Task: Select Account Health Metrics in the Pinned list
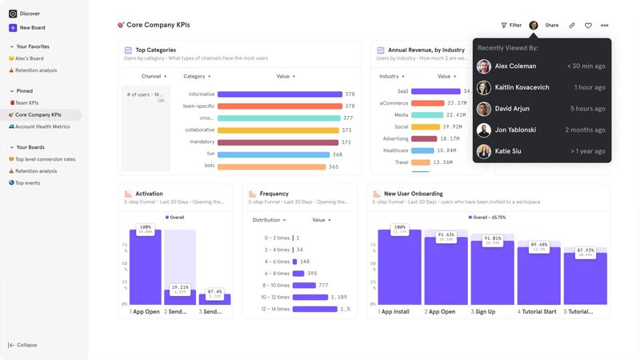coord(42,126)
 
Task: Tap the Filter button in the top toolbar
coord(511,26)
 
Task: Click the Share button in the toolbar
coord(552,26)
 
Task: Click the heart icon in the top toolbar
coord(588,26)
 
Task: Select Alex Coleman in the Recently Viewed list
coord(516,66)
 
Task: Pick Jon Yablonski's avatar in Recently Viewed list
coord(484,130)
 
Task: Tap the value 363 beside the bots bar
coord(334,166)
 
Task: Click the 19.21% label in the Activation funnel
coord(180,288)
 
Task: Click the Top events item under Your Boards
coord(27,182)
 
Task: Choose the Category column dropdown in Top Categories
coord(198,76)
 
